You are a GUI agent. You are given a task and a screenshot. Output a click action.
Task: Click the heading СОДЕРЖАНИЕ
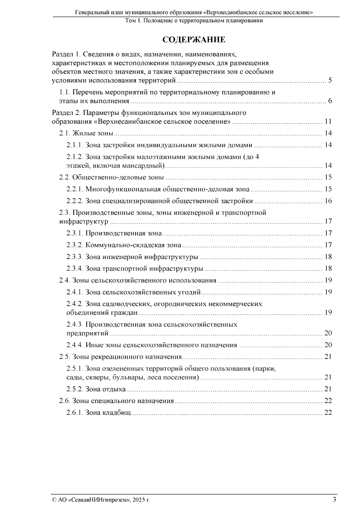coord(194,40)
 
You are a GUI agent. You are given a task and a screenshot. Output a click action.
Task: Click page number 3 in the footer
coord(334,499)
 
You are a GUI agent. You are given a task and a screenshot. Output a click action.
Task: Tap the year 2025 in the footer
coord(138,500)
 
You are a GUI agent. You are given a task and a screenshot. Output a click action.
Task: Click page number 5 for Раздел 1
coord(330,81)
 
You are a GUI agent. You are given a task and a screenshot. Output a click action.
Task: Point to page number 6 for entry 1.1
coord(330,101)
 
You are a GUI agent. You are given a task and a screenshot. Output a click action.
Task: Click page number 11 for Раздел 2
coord(328,122)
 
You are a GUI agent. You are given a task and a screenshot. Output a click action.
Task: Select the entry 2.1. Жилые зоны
coord(86,133)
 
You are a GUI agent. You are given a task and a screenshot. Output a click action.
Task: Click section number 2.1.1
coord(75,145)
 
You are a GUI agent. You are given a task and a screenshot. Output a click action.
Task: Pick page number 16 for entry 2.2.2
coord(328,201)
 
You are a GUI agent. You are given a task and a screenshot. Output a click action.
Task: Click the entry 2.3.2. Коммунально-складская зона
coord(124,245)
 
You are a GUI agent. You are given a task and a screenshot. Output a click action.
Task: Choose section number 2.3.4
coord(75,268)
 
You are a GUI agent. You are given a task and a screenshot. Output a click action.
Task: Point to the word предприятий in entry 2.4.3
coord(87,333)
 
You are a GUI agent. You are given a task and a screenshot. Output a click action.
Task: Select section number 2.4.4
coord(75,345)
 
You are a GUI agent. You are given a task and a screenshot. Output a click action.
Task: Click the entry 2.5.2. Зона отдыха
coord(96,389)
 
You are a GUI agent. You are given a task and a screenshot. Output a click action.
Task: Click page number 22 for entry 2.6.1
coord(328,412)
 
